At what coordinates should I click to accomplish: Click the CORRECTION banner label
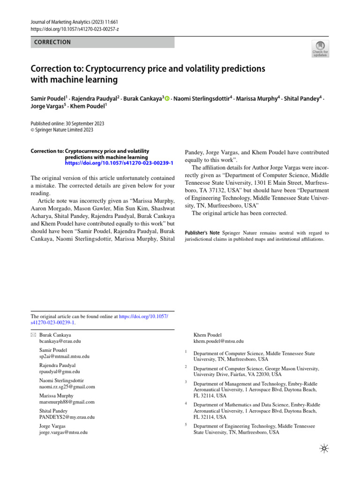click(53, 42)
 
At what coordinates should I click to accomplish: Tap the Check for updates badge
click(320, 48)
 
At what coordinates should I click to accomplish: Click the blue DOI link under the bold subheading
click(119, 163)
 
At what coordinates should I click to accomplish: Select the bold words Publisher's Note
click(202, 232)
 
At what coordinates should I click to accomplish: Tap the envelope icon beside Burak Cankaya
click(33, 336)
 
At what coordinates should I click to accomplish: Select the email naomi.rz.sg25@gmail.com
click(67, 387)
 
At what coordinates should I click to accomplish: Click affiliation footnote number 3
click(186, 382)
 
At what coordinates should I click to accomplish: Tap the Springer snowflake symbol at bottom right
click(324, 449)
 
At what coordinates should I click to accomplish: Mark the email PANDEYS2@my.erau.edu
click(67, 417)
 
